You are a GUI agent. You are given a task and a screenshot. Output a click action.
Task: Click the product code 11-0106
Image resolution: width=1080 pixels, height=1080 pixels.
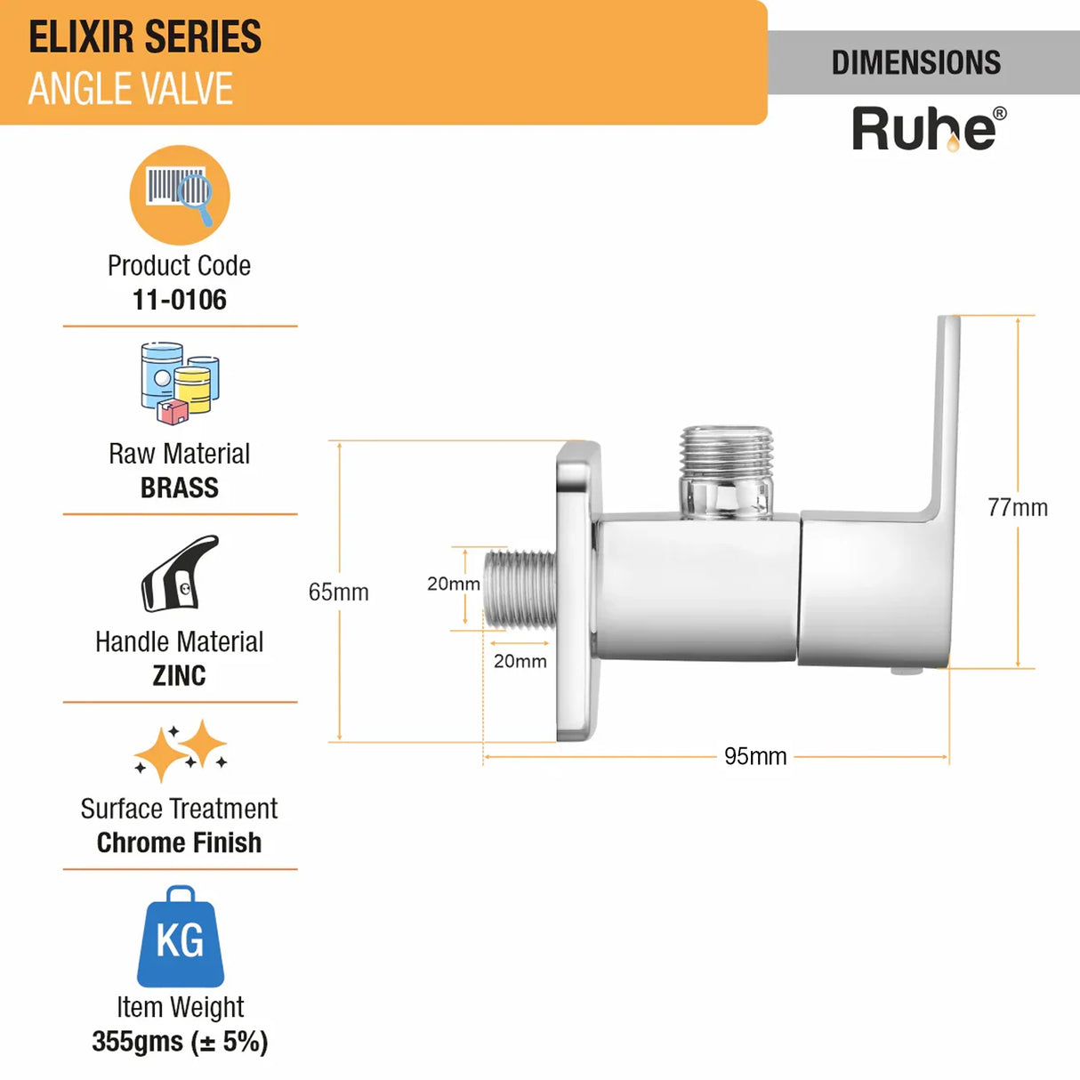pyautogui.click(x=179, y=300)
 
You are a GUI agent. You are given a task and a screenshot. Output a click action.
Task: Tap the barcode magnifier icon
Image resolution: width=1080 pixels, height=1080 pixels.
pyautogui.click(x=180, y=194)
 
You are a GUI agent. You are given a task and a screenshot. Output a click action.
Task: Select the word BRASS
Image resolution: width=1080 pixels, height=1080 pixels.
pyautogui.click(x=179, y=488)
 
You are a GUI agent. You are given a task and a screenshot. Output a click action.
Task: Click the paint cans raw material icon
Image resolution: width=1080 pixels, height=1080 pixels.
pyautogui.click(x=179, y=383)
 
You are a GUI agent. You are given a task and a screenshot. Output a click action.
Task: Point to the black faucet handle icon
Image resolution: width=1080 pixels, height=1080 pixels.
pyautogui.click(x=179, y=573)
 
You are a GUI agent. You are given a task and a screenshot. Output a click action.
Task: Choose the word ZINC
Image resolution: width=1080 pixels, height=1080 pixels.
pyautogui.click(x=179, y=675)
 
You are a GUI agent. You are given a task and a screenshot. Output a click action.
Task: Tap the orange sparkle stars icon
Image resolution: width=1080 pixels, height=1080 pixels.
pyautogui.click(x=181, y=751)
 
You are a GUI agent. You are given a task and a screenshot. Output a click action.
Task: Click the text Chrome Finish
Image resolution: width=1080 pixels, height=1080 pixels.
pyautogui.click(x=179, y=842)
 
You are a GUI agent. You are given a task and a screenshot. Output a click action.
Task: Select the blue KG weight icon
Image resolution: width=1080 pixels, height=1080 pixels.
pyautogui.click(x=180, y=938)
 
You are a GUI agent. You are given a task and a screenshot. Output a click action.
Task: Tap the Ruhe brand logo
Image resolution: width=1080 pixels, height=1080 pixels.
pyautogui.click(x=929, y=130)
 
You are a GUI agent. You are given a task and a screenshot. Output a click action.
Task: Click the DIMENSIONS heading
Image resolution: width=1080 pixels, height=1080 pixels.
pyautogui.click(x=916, y=62)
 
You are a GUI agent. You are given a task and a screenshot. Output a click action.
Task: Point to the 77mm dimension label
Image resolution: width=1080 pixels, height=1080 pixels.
pyautogui.click(x=1017, y=507)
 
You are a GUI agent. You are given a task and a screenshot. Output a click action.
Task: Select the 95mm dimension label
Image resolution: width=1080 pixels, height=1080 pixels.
pyautogui.click(x=755, y=756)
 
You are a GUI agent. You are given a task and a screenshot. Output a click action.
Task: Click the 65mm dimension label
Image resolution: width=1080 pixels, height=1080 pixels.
pyautogui.click(x=338, y=592)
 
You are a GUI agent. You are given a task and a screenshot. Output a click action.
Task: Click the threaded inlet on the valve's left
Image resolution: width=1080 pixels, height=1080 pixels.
pyautogui.click(x=521, y=589)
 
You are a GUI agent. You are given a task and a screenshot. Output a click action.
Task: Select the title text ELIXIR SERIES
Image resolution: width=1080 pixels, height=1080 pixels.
pyautogui.click(x=145, y=37)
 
